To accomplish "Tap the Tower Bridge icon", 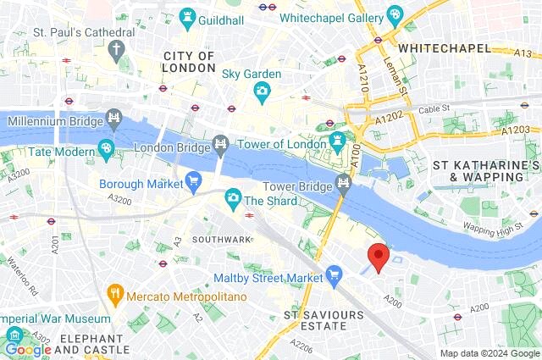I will pyautogui.click(x=343, y=183).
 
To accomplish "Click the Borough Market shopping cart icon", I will pyautogui.click(x=194, y=180).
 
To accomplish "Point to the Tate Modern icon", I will pyautogui.click(x=106, y=151).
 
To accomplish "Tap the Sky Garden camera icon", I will pyautogui.click(x=263, y=91).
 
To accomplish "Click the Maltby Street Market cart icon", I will pyautogui.click(x=335, y=274).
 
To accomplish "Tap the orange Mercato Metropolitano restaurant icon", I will pyautogui.click(x=115, y=296).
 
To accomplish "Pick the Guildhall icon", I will pyautogui.click(x=185, y=17).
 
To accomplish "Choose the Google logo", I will pyautogui.click(x=28, y=348).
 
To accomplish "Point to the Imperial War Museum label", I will pyautogui.click(x=55, y=318).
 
